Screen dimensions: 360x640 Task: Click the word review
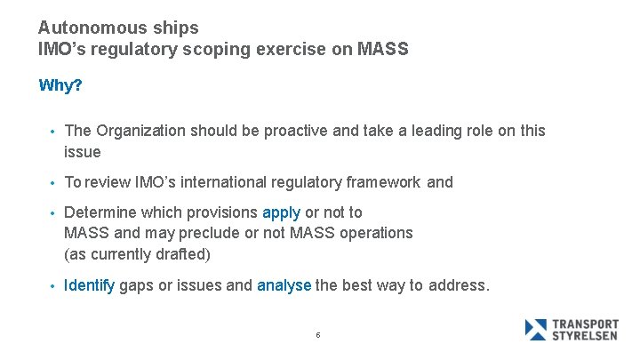click(107, 182)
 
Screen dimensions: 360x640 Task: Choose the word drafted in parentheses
click(181, 254)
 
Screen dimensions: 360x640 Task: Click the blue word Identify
click(89, 286)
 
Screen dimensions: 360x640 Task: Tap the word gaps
click(136, 286)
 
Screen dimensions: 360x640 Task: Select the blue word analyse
click(284, 286)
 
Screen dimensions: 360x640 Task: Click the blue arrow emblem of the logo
click(536, 330)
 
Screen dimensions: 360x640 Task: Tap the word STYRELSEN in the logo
click(586, 336)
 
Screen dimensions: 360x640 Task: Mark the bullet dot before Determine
click(52, 213)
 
